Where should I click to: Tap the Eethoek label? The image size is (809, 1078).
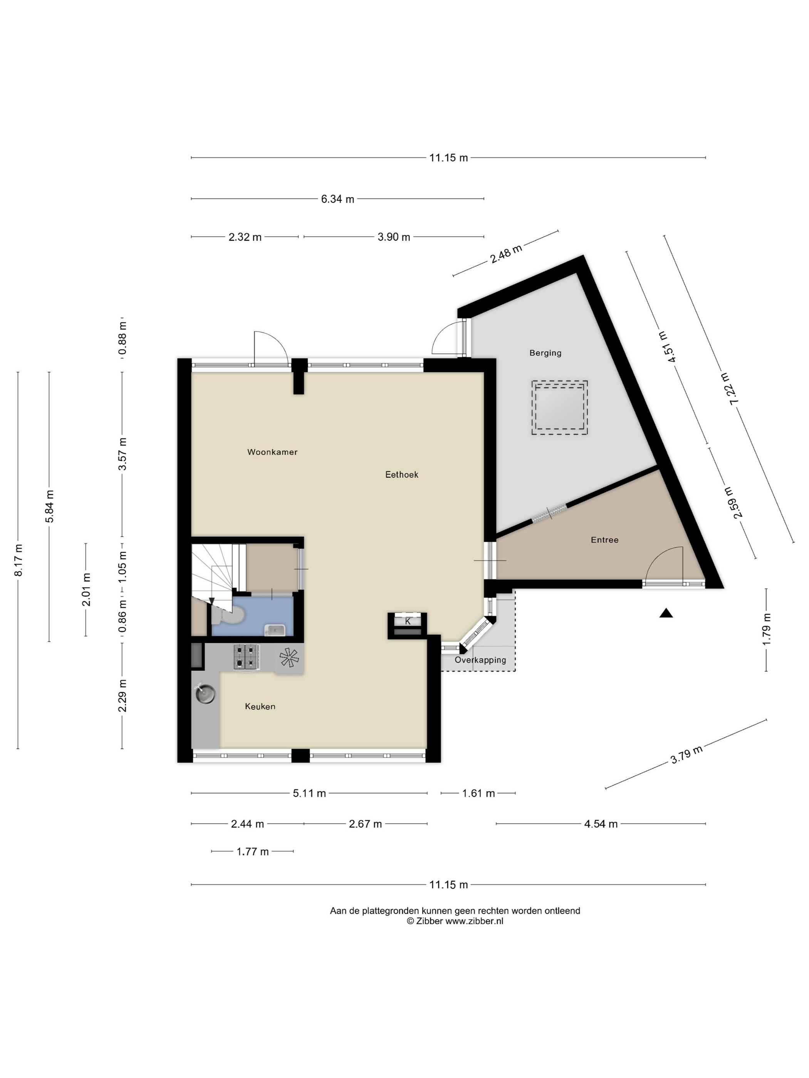point(401,474)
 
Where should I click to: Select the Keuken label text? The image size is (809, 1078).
point(260,706)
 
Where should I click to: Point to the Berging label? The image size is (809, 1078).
point(545,353)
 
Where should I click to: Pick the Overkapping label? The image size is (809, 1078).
point(480,660)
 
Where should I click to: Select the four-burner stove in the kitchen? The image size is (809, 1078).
point(246,656)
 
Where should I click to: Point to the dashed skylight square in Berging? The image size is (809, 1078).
point(559,407)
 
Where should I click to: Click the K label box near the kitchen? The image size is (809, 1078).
point(408,621)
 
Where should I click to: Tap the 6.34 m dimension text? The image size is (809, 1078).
point(337,199)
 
